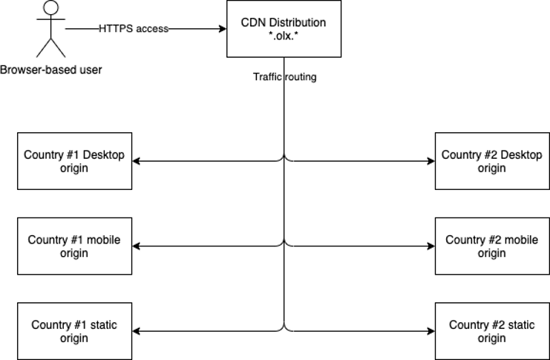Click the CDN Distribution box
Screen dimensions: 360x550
pyautogui.click(x=283, y=29)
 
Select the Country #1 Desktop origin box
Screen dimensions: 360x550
pyautogui.click(x=74, y=161)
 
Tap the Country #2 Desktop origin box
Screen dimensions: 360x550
pyautogui.click(x=491, y=161)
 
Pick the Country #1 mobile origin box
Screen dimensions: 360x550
pyautogui.click(x=74, y=246)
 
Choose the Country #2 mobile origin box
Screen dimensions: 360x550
pyautogui.click(x=491, y=246)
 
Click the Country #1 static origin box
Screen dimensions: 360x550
pyautogui.click(x=74, y=331)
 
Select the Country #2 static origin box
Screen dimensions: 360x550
pyautogui.click(x=491, y=331)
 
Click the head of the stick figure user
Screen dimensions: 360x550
pyautogui.click(x=50, y=9)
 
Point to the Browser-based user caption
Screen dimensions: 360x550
pyautogui.click(x=50, y=71)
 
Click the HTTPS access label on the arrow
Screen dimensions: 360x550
pyautogui.click(x=134, y=29)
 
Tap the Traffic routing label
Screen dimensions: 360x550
pyautogui.click(x=284, y=76)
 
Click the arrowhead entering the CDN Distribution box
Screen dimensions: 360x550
pyautogui.click(x=222, y=29)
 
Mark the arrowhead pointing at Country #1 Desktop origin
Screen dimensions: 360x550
pyautogui.click(x=137, y=161)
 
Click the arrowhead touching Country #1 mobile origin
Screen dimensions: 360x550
pyautogui.click(x=137, y=246)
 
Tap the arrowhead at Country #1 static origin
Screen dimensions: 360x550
pyautogui.click(x=137, y=331)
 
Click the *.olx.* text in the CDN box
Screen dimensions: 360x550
pyautogui.click(x=283, y=36)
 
